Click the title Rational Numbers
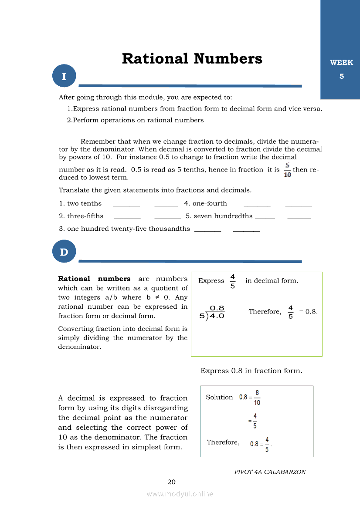(x=192, y=58)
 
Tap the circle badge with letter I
(x=64, y=76)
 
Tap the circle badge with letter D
(x=64, y=252)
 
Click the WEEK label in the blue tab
(x=341, y=63)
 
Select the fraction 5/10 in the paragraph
(x=288, y=170)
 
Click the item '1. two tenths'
(x=80, y=203)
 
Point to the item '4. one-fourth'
(x=206, y=203)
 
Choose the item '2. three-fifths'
(x=81, y=216)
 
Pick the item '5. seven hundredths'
(x=219, y=216)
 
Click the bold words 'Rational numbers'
(x=94, y=279)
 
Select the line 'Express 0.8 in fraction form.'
(x=251, y=371)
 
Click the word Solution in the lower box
(x=219, y=397)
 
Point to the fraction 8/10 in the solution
(x=257, y=397)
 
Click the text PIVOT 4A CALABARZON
(x=270, y=472)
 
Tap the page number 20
(x=171, y=482)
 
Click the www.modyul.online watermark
(x=180, y=494)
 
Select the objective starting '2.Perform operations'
(x=135, y=120)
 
